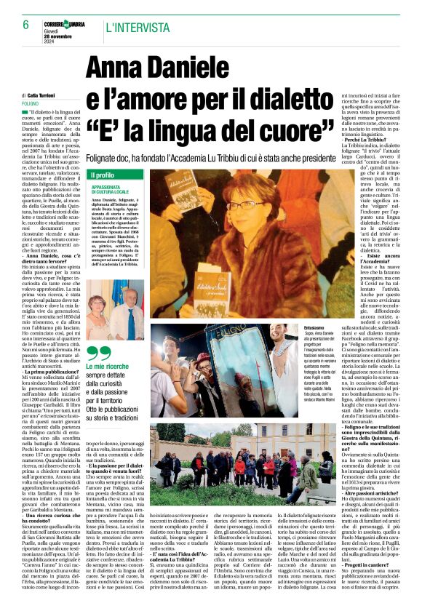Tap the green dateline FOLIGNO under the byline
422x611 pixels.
coord(31,104)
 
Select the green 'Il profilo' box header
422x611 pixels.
coord(101,175)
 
